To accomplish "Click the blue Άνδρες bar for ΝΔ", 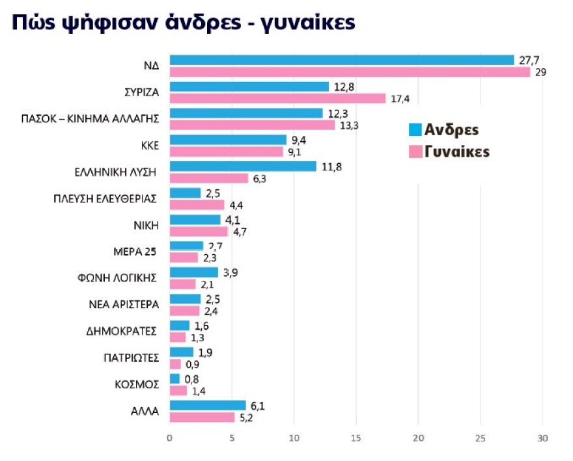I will [x=341, y=60].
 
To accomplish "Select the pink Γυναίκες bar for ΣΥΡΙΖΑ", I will [x=277, y=98].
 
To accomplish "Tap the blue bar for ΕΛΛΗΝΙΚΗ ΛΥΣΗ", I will [x=243, y=166].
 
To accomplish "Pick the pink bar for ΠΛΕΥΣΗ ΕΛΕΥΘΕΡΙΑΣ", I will [x=197, y=205].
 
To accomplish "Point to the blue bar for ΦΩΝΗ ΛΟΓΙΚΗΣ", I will [x=194, y=272].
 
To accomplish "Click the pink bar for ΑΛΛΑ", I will [x=202, y=417].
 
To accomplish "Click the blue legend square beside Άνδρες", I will [x=415, y=129].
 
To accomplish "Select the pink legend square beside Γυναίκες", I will [x=415, y=152].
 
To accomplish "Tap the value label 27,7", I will [x=529, y=60].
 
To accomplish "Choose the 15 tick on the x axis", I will [x=356, y=438].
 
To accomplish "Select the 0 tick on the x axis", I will [x=170, y=438].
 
